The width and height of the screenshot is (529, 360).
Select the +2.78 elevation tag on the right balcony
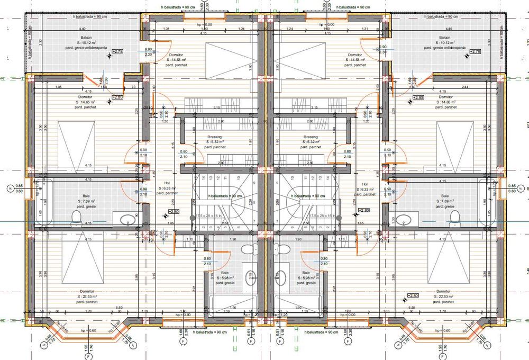(x=475, y=52)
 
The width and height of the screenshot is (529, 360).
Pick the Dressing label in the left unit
(x=215, y=137)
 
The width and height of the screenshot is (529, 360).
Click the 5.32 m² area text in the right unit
(x=311, y=142)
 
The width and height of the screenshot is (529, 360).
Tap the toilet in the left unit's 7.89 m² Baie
(x=76, y=217)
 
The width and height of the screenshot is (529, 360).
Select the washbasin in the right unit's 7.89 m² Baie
(x=405, y=219)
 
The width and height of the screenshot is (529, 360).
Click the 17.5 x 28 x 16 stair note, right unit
(x=322, y=216)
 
